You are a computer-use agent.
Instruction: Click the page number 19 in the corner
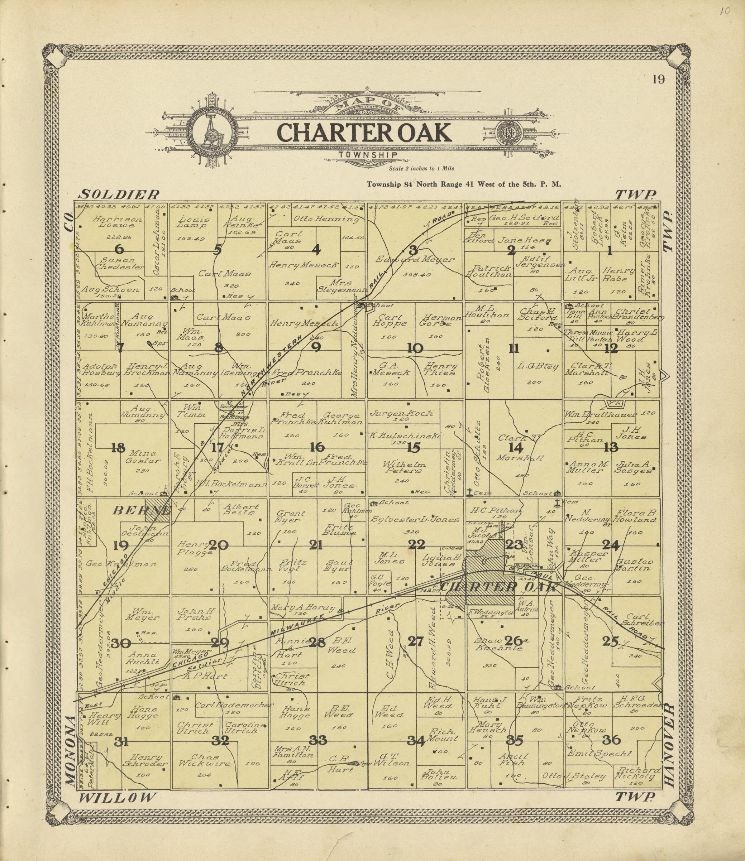(659, 79)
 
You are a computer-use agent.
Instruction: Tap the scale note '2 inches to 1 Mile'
(421, 169)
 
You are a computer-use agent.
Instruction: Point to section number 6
(119, 249)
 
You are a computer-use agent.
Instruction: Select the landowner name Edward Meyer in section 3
(415, 259)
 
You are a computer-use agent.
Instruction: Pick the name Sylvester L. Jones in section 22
(415, 519)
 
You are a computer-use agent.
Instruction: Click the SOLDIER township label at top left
(119, 194)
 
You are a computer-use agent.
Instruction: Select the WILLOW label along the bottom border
(118, 798)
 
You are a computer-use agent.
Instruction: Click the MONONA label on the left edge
(71, 751)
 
